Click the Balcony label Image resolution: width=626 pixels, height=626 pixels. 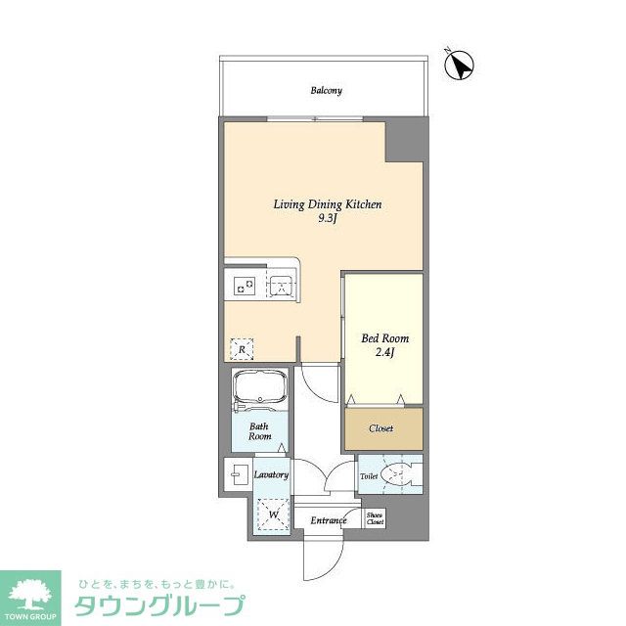[x=326, y=91]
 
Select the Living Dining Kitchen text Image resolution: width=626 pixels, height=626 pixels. [x=326, y=204]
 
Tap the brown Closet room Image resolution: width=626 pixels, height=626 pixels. [x=382, y=428]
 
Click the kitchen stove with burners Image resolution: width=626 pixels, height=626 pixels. [x=244, y=287]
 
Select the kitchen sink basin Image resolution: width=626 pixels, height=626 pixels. [x=281, y=287]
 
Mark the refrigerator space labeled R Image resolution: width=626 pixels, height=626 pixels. [x=241, y=347]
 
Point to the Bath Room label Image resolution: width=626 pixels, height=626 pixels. [x=259, y=432]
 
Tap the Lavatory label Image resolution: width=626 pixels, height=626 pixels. [x=271, y=475]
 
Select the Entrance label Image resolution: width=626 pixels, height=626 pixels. [x=329, y=520]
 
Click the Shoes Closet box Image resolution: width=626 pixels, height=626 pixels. [x=375, y=518]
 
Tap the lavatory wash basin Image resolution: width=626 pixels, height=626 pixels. [x=237, y=476]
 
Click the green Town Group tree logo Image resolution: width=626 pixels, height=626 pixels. [x=31, y=595]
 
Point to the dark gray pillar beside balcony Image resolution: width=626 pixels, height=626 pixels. [x=406, y=140]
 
